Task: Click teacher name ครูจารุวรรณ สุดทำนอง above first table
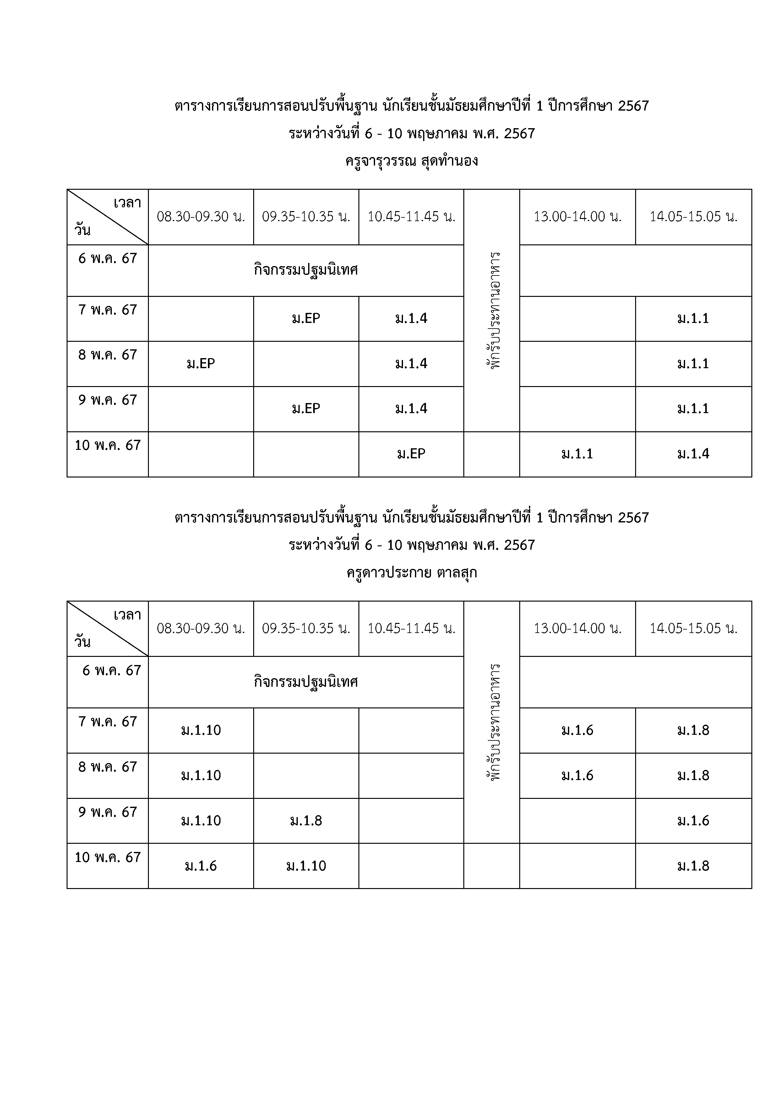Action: (x=411, y=161)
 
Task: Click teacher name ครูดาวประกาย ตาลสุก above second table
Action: (x=411, y=573)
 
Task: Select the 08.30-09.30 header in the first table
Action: (x=201, y=217)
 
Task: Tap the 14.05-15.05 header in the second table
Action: (x=693, y=629)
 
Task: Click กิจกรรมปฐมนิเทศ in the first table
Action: (x=306, y=270)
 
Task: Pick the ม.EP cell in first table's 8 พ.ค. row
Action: (x=201, y=364)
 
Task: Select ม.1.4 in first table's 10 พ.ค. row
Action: (x=693, y=454)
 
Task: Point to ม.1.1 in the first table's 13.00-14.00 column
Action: (x=577, y=454)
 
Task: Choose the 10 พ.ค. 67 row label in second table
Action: (x=107, y=857)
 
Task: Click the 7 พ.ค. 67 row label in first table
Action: (x=107, y=310)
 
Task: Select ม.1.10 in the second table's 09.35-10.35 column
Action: (x=306, y=866)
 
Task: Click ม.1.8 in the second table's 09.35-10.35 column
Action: (x=306, y=821)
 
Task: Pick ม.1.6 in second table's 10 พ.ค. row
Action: (x=201, y=866)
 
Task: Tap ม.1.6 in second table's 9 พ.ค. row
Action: (x=693, y=821)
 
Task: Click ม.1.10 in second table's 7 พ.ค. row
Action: (x=201, y=730)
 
